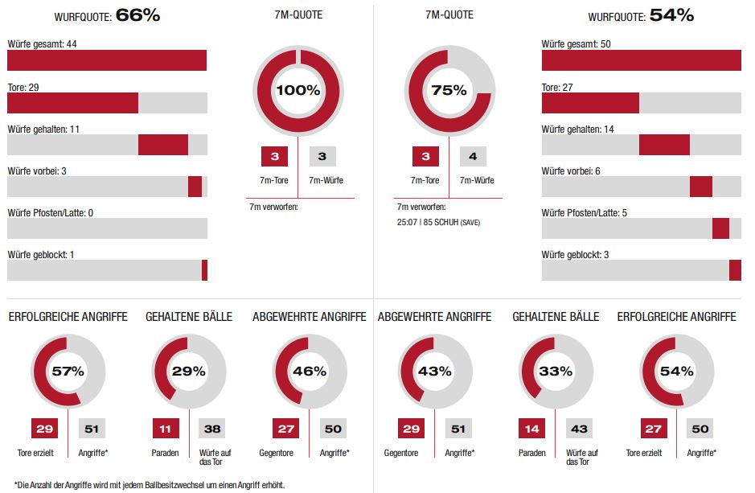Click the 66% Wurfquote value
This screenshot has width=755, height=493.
click(x=138, y=15)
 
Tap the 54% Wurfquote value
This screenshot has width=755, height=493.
click(x=672, y=15)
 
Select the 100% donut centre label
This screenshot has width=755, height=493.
click(x=298, y=90)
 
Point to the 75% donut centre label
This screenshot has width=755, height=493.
click(x=449, y=90)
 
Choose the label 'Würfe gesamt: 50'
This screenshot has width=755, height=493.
click(x=576, y=43)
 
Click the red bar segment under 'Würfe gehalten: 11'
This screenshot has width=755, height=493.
click(x=163, y=145)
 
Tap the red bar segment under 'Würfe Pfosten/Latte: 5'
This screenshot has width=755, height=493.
click(x=720, y=228)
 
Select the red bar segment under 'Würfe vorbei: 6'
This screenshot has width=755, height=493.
click(x=701, y=187)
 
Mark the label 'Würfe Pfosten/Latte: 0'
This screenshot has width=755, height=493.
click(x=51, y=213)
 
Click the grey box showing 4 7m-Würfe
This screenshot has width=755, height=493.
click(x=474, y=157)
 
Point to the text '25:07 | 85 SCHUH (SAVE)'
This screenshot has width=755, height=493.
click(x=439, y=221)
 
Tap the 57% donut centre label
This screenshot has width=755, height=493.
click(x=68, y=371)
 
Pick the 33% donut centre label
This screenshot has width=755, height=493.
click(x=556, y=371)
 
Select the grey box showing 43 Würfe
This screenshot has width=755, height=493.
click(x=579, y=429)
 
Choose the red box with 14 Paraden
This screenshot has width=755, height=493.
click(x=531, y=429)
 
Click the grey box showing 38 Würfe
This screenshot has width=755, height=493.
click(x=212, y=429)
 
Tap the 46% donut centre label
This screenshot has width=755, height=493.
click(x=310, y=371)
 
